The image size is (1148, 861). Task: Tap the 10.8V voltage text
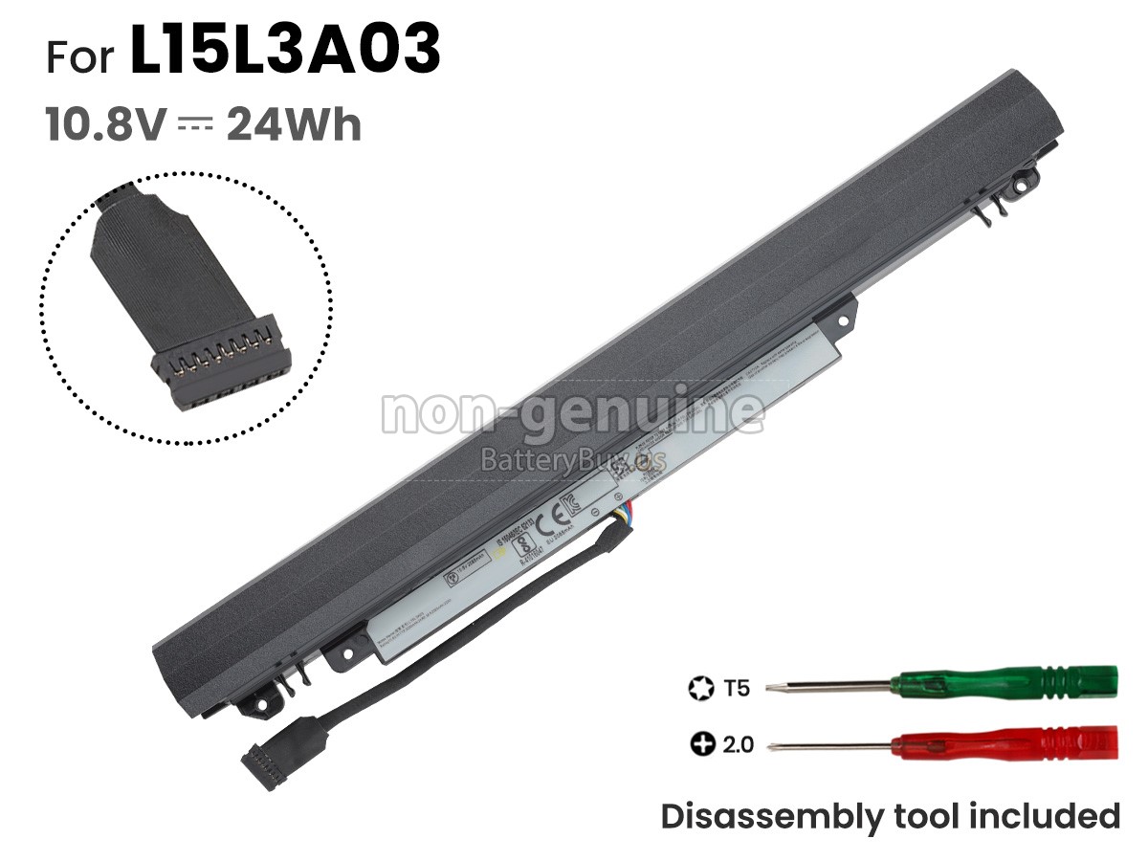pyautogui.click(x=106, y=125)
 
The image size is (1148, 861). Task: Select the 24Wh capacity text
pyautogui.click(x=294, y=125)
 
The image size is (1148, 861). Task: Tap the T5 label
pyautogui.click(x=737, y=687)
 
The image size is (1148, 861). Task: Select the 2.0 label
pyautogui.click(x=737, y=743)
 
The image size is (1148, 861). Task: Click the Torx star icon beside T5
pyautogui.click(x=701, y=687)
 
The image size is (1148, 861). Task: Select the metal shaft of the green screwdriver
pyautogui.click(x=832, y=685)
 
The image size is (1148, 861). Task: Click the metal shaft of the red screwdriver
pyautogui.click(x=832, y=743)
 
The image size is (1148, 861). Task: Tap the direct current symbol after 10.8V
pyautogui.click(x=196, y=125)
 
